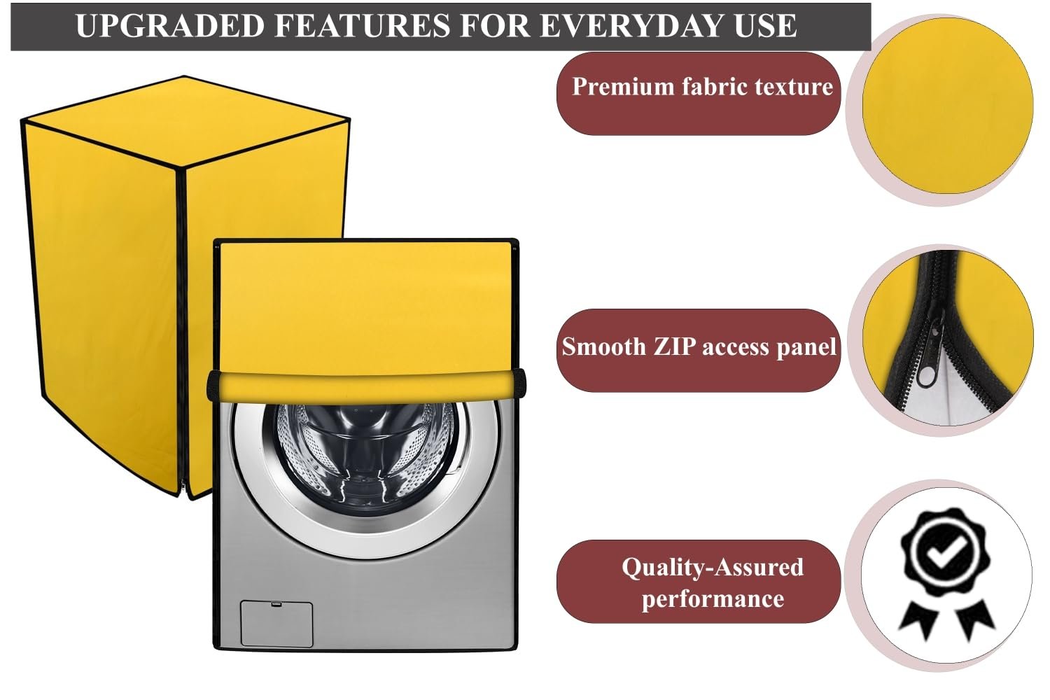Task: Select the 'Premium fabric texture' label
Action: tap(701, 87)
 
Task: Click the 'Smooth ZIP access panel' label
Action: tap(699, 347)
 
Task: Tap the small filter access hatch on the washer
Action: tap(276, 622)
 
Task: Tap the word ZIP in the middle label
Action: tap(675, 347)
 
